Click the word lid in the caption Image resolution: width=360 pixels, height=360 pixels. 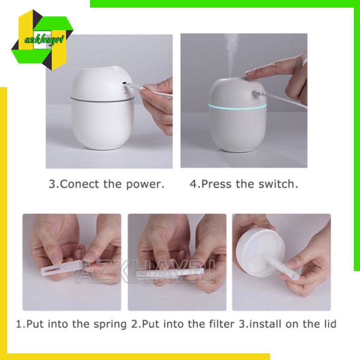(330, 324)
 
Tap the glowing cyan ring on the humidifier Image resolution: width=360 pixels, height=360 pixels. (238, 107)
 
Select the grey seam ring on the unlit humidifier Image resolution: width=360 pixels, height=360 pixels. (103, 100)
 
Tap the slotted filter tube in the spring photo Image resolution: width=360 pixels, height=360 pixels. (61, 269)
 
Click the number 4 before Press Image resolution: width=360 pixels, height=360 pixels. (193, 184)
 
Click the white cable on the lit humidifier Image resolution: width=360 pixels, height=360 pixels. (285, 100)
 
